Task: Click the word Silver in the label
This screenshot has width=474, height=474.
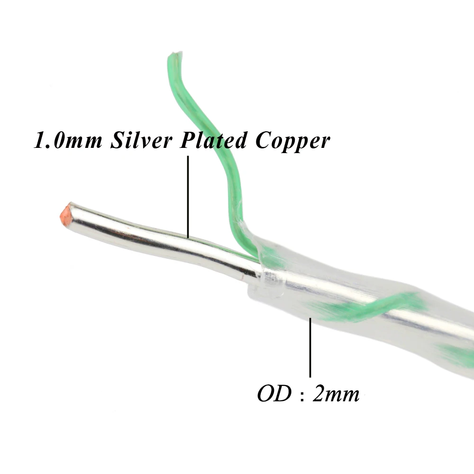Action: pyautogui.click(x=139, y=141)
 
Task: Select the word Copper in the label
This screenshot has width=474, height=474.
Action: pyautogui.click(x=292, y=142)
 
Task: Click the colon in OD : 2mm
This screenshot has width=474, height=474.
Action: pyautogui.click(x=301, y=395)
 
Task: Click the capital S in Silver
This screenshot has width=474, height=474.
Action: pyautogui.click(x=117, y=141)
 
